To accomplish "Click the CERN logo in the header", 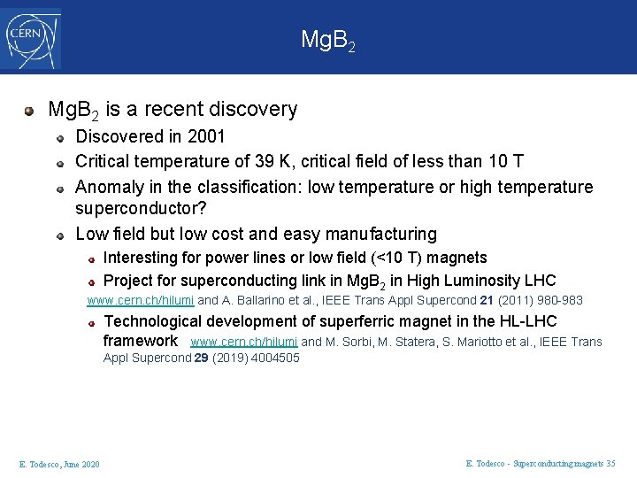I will (x=33, y=39).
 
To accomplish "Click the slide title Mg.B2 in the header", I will (x=328, y=40).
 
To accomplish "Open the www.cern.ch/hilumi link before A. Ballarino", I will (x=140, y=301).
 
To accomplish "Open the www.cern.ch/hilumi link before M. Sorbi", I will (x=243, y=342).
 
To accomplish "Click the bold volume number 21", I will (x=486, y=301).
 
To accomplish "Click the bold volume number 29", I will (x=202, y=358).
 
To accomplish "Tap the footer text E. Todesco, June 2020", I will (x=59, y=464).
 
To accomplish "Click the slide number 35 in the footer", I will (x=610, y=463).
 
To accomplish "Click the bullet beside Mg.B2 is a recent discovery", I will (x=29, y=111).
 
